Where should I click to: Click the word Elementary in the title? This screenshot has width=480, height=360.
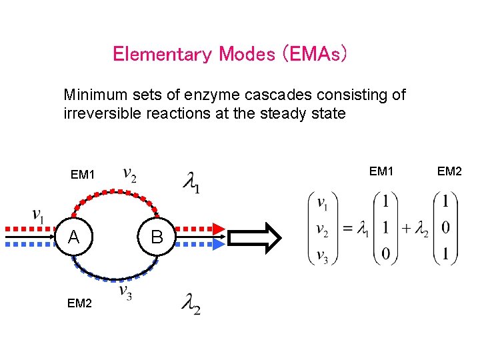163,54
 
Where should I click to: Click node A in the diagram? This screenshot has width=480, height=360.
75,237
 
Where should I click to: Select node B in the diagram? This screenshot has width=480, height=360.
157,237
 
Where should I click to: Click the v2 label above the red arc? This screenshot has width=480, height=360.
131,175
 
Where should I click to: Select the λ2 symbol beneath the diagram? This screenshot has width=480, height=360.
191,305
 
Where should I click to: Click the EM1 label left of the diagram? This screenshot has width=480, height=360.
83,175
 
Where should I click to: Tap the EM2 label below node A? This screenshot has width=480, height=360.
80,303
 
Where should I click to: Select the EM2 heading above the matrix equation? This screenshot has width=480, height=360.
449,172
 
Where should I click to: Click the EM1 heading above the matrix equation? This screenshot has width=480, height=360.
381,172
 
